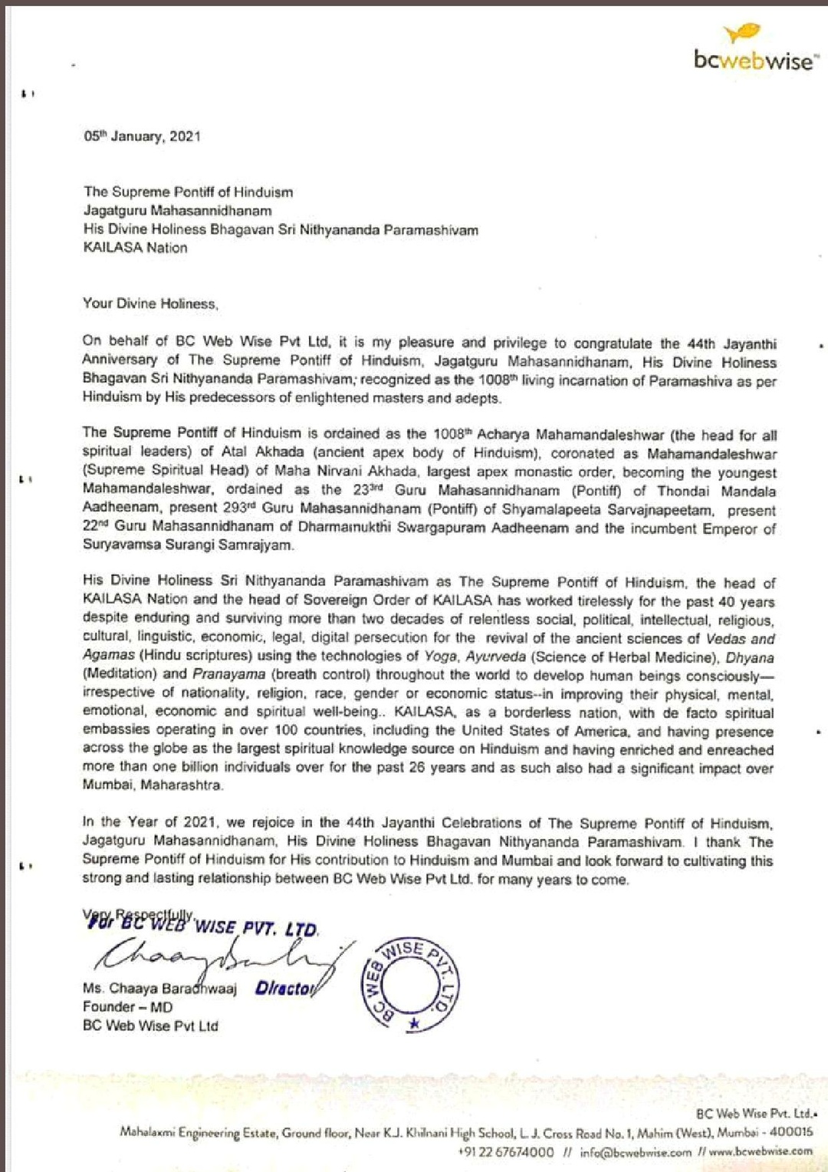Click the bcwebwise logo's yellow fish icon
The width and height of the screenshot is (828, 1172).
point(741,33)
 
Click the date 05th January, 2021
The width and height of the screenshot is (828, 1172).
point(142,137)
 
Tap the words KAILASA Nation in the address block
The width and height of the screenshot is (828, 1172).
point(135,248)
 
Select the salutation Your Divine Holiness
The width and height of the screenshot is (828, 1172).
point(150,304)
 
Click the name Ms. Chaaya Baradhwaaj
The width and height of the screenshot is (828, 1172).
point(159,989)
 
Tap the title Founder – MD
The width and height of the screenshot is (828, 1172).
point(127,1007)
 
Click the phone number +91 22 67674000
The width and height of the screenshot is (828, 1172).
point(506,1152)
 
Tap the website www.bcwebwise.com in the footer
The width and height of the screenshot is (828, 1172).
point(760,1151)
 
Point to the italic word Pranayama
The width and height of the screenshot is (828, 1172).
point(228,674)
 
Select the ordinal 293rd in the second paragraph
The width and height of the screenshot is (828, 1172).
point(238,509)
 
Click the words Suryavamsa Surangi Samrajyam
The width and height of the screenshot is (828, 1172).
point(188,545)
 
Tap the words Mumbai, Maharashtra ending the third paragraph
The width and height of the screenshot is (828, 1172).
point(153,785)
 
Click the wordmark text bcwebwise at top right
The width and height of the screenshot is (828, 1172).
point(754,61)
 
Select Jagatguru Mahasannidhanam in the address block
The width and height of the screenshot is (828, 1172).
point(177,211)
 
